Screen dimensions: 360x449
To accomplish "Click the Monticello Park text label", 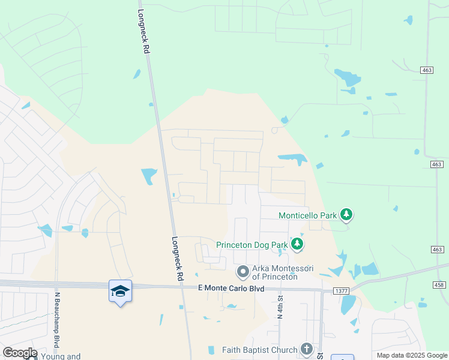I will pos(308,215).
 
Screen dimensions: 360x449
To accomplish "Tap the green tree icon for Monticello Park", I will pos(346,214).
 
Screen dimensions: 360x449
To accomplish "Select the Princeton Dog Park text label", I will pos(252,245).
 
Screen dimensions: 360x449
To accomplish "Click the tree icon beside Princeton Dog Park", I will pos(297,244).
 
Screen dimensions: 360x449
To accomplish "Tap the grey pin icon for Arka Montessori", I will pos(243,272).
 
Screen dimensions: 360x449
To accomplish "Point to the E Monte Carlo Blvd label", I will pos(231,288).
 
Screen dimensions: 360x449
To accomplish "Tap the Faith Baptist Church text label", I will pos(259,350).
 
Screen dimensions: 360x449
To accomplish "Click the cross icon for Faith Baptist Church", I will pos(307,349).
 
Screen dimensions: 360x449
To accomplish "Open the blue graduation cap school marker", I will pos(120,291).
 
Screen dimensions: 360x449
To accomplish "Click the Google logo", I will pos(19,353).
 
